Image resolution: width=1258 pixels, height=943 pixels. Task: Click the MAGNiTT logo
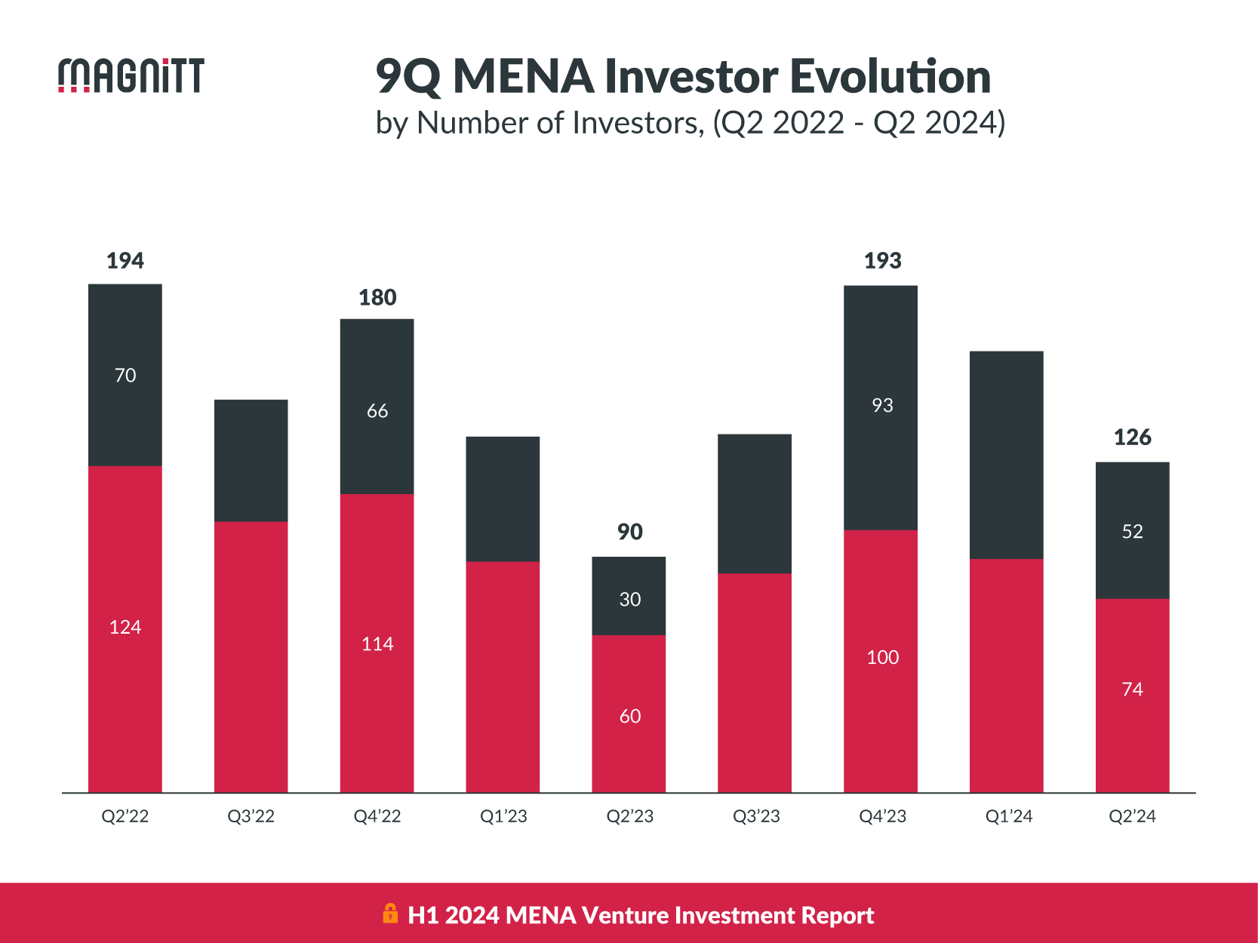(x=131, y=75)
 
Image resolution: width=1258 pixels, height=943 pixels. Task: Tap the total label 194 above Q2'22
(x=125, y=261)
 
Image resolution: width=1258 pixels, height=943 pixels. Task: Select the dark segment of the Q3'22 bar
(x=251, y=460)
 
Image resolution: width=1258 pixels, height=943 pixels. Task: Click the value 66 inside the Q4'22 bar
(x=377, y=411)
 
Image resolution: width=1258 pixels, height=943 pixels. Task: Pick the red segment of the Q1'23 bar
(x=503, y=677)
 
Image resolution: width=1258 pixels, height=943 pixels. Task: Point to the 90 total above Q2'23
(x=630, y=532)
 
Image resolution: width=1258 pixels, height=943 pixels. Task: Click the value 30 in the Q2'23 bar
(x=630, y=600)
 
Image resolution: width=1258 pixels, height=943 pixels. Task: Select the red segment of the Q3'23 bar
(x=755, y=683)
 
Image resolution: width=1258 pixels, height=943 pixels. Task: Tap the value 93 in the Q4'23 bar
(x=882, y=406)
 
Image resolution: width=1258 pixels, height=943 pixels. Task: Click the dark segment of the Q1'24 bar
(x=1007, y=455)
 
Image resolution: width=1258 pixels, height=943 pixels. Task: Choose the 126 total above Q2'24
(x=1133, y=438)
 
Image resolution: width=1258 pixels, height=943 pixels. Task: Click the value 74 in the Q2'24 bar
(x=1133, y=690)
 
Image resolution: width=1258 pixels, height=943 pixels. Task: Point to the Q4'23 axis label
(x=882, y=816)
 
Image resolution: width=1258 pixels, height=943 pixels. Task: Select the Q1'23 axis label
(x=503, y=816)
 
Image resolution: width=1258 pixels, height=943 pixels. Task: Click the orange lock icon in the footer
(x=390, y=914)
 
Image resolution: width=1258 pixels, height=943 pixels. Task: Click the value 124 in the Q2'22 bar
(x=125, y=628)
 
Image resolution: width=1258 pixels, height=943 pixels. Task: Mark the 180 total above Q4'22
(x=377, y=298)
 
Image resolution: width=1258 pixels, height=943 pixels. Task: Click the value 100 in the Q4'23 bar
(x=882, y=658)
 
